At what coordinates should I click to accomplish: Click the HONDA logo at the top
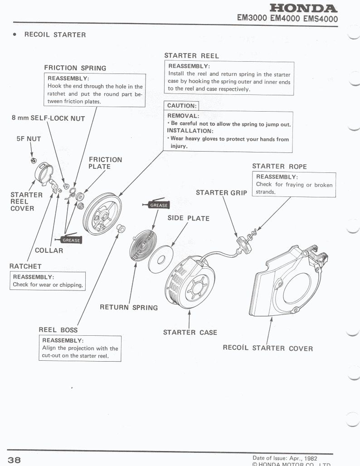pyautogui.click(x=303, y=8)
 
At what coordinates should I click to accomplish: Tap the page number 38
pyautogui.click(x=14, y=460)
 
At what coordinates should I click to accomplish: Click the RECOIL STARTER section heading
pyautogui.click(x=55, y=34)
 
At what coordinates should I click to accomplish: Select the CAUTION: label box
pyautogui.click(x=181, y=106)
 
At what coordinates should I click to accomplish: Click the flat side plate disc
pyautogui.click(x=161, y=260)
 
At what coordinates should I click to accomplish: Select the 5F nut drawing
pyautogui.click(x=34, y=161)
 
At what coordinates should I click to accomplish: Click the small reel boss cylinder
pyautogui.click(x=121, y=228)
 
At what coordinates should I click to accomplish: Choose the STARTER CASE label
pyautogui.click(x=190, y=332)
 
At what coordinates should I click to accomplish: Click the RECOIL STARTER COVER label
pyautogui.click(x=268, y=348)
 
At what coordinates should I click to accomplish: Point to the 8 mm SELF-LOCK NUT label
pyautogui.click(x=49, y=118)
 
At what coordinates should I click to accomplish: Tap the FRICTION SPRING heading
pyautogui.click(x=75, y=68)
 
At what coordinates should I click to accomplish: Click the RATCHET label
pyautogui.click(x=25, y=266)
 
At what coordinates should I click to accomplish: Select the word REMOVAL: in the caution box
pyautogui.click(x=183, y=116)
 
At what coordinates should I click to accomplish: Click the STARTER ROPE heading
pyautogui.click(x=279, y=167)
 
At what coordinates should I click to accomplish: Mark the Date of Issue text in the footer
pyautogui.click(x=285, y=458)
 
